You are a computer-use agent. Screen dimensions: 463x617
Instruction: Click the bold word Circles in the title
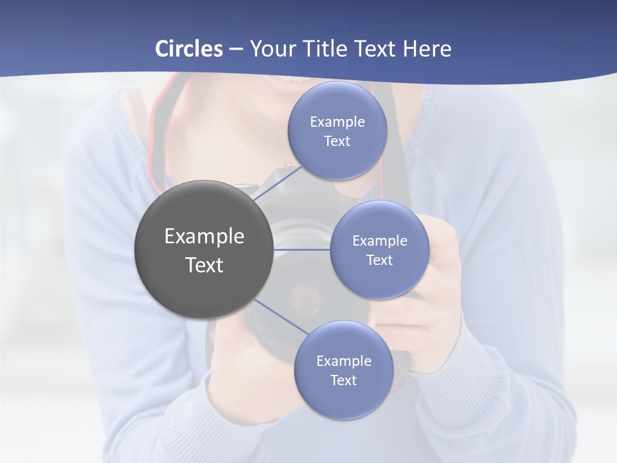tap(188, 49)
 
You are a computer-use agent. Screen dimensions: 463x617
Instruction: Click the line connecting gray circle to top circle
tap(278, 183)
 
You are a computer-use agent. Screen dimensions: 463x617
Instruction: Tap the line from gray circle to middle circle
tap(302, 249)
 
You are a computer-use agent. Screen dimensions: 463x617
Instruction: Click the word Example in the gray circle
tap(204, 237)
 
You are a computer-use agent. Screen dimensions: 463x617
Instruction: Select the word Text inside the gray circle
tap(204, 265)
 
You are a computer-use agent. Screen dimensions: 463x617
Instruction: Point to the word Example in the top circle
tap(337, 122)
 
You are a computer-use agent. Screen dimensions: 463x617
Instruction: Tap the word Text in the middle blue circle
tap(379, 260)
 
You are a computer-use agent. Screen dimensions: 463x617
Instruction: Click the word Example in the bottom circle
tap(343, 361)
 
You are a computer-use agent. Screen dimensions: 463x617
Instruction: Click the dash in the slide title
tap(236, 49)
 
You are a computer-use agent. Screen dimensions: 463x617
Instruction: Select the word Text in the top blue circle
tap(337, 141)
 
